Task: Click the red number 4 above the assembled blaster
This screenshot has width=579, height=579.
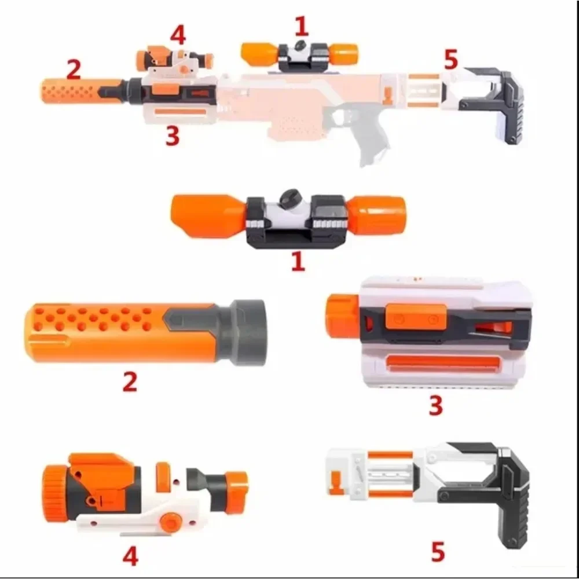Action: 178,35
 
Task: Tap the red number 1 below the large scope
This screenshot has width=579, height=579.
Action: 298,261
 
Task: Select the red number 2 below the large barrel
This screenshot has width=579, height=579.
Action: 130,382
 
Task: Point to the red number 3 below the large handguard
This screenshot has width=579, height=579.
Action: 435,405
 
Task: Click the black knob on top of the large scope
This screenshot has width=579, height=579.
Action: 288,199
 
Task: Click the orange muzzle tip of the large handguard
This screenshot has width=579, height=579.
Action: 342,316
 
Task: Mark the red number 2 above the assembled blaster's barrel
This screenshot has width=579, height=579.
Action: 74,70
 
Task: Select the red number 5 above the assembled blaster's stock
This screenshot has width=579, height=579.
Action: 451,59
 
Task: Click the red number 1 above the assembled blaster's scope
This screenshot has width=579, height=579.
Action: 301,26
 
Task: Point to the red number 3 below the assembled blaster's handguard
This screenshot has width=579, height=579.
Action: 172,136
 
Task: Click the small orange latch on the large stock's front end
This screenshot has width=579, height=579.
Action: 335,480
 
